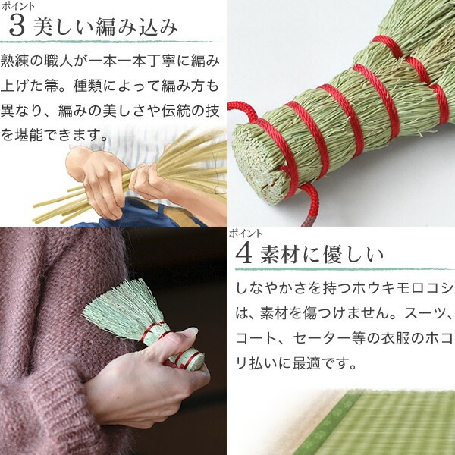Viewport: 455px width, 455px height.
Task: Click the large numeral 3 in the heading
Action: [x=17, y=27]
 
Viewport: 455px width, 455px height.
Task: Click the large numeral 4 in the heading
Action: [x=243, y=254]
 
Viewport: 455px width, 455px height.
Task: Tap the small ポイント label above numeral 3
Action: [x=17, y=6]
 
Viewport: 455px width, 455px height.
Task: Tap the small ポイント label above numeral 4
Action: [x=246, y=233]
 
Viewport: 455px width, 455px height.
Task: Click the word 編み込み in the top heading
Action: [x=136, y=27]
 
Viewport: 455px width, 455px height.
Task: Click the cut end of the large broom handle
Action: [x=257, y=162]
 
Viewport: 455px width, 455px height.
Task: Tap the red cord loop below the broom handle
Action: [x=310, y=203]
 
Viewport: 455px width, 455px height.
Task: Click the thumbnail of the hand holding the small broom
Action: [x=114, y=341]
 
